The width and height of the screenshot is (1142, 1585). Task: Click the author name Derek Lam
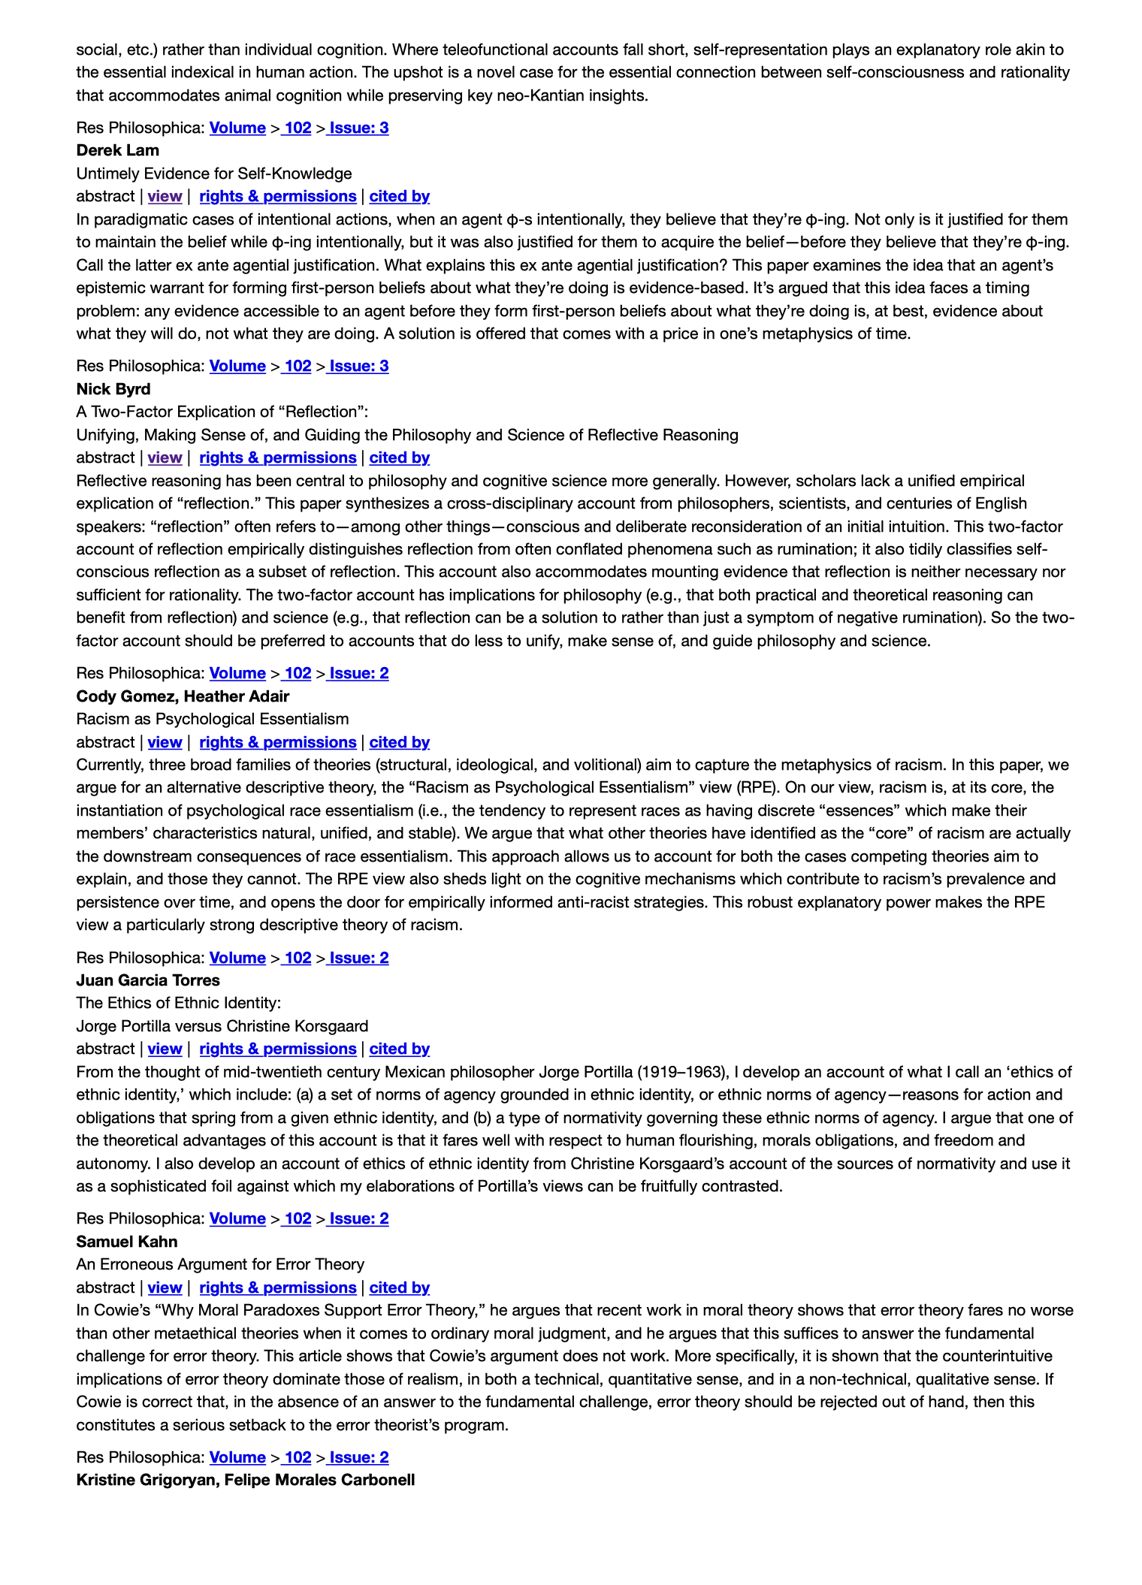click(117, 150)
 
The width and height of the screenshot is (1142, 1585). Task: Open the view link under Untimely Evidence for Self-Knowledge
click(165, 196)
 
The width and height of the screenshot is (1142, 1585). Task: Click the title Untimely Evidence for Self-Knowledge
click(214, 174)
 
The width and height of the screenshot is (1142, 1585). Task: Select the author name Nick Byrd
click(113, 389)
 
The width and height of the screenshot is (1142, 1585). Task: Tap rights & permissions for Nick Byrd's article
click(277, 457)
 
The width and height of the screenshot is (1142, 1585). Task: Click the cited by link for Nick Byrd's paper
click(399, 457)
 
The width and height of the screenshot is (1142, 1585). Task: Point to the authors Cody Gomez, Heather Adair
click(183, 696)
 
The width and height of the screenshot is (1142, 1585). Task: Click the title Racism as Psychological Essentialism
click(213, 719)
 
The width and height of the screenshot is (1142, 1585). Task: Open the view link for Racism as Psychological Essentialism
click(165, 742)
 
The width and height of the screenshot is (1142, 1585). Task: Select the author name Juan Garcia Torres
click(148, 980)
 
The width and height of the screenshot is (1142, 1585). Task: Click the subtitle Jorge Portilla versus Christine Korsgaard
click(222, 1026)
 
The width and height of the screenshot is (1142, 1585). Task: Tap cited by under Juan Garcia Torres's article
click(399, 1049)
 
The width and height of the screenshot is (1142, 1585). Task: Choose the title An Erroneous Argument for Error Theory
click(220, 1264)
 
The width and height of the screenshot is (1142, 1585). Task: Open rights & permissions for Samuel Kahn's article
click(277, 1288)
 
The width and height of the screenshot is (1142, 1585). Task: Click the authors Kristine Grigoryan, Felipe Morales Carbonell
click(246, 1480)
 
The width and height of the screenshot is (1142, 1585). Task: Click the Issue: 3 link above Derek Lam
click(358, 128)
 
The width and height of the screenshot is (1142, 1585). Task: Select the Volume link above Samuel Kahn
click(237, 1218)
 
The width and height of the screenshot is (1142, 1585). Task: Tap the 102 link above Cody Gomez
click(298, 673)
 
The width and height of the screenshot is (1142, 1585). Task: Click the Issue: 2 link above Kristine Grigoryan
click(358, 1457)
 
